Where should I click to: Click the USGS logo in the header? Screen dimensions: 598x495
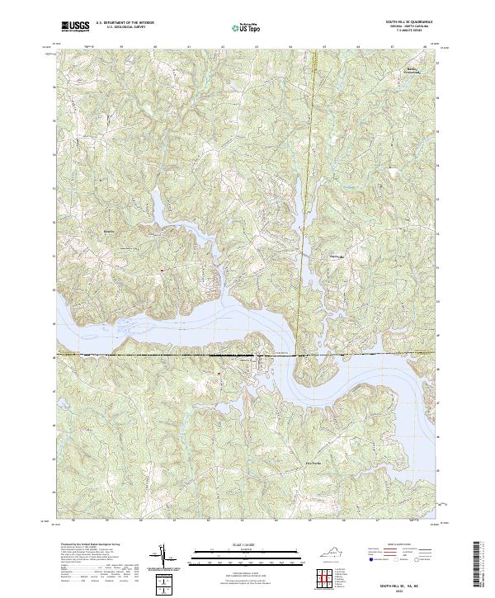point(75,26)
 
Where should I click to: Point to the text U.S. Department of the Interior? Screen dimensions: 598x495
point(125,23)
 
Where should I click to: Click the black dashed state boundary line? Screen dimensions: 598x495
point(165,356)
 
